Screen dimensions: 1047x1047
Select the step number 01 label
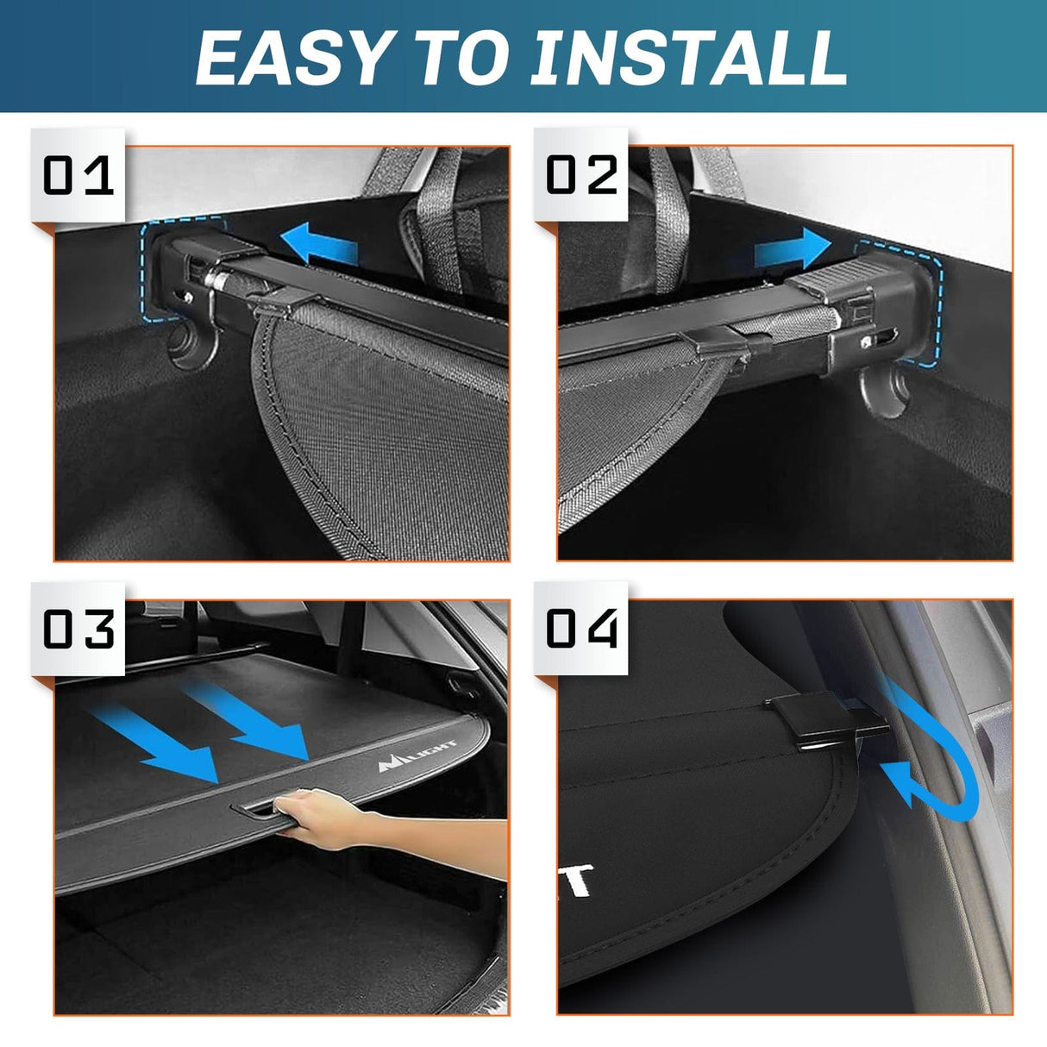(x=78, y=176)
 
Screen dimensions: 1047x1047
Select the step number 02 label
(x=582, y=176)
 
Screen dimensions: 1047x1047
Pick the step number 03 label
(x=78, y=629)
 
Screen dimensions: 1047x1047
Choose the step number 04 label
(x=582, y=629)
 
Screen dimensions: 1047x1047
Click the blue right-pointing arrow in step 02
(x=792, y=249)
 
